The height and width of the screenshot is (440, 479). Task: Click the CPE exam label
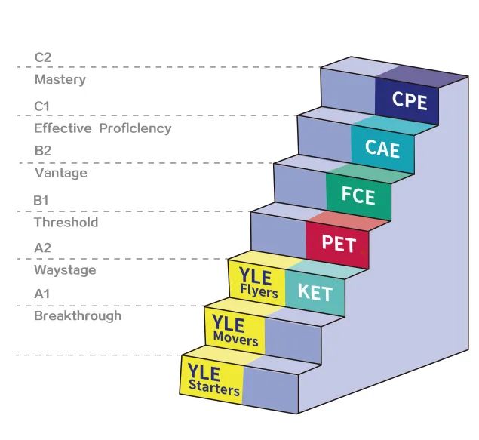tap(409, 100)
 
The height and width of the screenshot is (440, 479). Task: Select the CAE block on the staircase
tap(382, 147)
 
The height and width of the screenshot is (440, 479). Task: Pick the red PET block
tap(338, 244)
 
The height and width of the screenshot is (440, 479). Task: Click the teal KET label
tap(315, 291)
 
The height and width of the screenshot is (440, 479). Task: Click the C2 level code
tap(44, 57)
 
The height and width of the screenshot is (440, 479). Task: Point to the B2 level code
tap(43, 151)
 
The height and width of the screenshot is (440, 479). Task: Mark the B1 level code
tap(42, 200)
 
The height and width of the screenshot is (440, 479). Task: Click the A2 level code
tap(44, 247)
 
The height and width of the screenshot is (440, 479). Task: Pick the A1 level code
tap(43, 294)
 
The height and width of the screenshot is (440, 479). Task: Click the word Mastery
tap(60, 79)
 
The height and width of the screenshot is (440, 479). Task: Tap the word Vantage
tap(61, 173)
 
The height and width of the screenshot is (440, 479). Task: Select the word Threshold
tap(66, 223)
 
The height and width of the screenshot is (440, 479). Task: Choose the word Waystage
tap(65, 269)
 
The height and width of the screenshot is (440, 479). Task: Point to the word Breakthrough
tap(78, 315)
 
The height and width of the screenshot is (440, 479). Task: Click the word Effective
tap(62, 128)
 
